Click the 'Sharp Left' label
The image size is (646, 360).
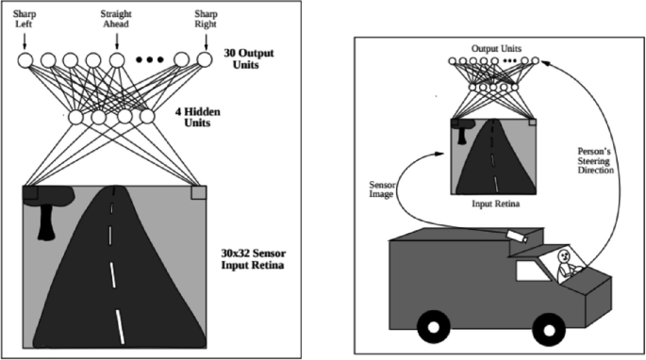tap(25, 19)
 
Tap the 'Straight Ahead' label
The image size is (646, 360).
tap(116, 19)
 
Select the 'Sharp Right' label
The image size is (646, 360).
tap(206, 19)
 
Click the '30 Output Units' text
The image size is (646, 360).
tap(249, 58)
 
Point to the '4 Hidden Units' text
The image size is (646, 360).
tap(197, 117)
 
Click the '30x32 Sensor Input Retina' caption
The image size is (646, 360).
tap(253, 258)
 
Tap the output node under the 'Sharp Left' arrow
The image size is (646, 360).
tap(25, 60)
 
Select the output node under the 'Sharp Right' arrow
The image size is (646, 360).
tap(205, 60)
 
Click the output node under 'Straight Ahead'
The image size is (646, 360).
tap(117, 60)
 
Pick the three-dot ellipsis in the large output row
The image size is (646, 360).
tap(150, 60)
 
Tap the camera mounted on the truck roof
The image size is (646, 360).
tap(518, 236)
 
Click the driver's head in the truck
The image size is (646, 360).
tap(563, 257)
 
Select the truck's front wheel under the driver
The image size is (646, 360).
tap(549, 329)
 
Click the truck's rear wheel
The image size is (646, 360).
tap(434, 327)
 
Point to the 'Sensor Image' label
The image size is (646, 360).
tap(381, 189)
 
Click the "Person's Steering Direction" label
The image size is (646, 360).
tap(596, 160)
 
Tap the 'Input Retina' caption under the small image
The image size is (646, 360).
tap(496, 204)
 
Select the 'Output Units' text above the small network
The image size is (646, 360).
tap(496, 49)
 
